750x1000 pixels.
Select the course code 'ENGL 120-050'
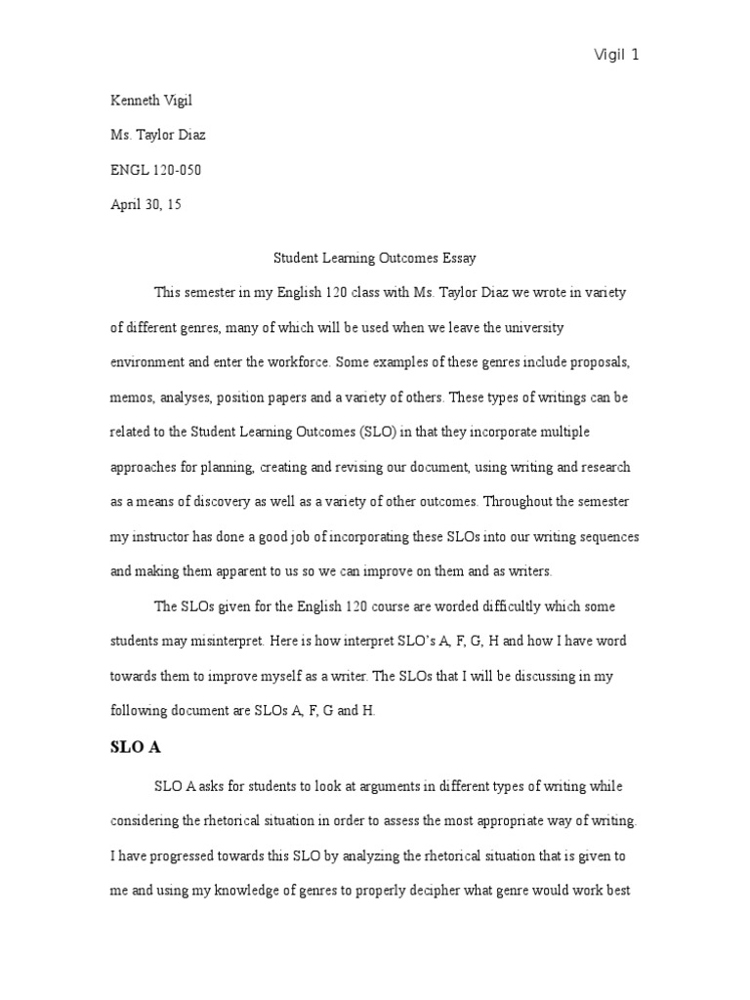(x=156, y=170)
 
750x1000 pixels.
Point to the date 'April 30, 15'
(x=146, y=205)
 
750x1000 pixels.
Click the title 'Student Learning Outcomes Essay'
(x=373, y=258)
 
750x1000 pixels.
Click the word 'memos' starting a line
(x=128, y=396)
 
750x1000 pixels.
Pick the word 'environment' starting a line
(x=146, y=361)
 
